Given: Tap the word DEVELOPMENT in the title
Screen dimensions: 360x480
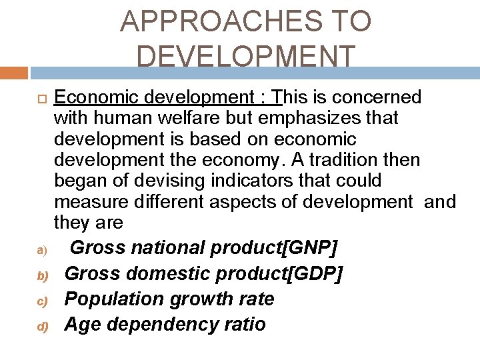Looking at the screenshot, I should [246, 56].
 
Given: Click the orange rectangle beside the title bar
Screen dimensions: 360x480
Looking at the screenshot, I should [13, 73].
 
